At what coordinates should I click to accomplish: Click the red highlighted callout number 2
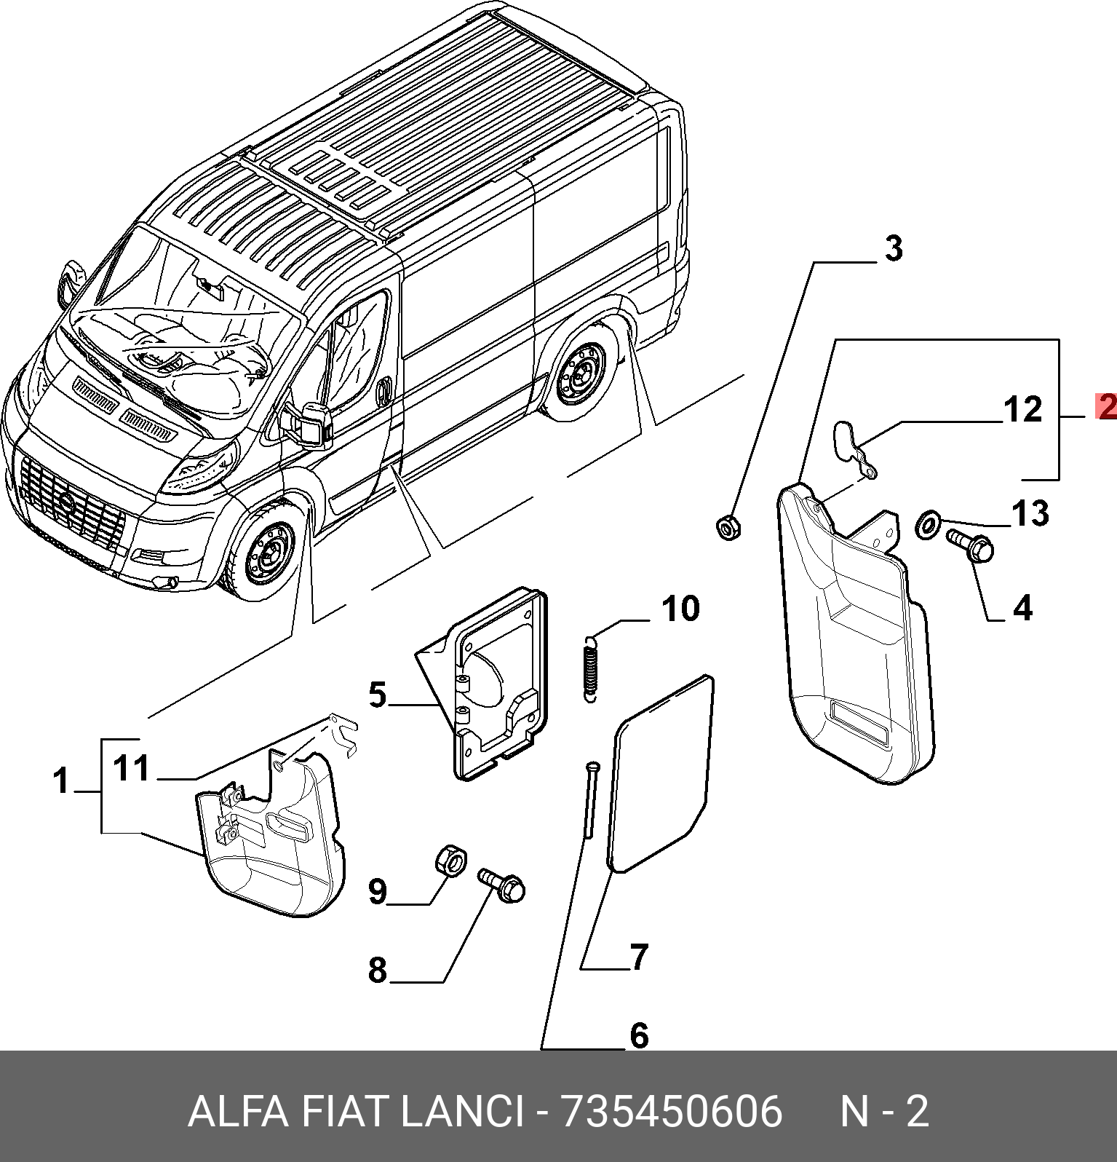[x=1107, y=406]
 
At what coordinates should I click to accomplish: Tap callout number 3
[x=893, y=248]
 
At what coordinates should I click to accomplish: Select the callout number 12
[x=1023, y=410]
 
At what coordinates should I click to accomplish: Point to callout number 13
[x=1030, y=514]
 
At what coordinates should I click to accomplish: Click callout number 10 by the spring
[x=680, y=609]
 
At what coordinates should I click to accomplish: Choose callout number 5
[x=377, y=695]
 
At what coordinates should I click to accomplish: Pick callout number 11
[x=132, y=768]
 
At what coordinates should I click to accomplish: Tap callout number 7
[x=638, y=957]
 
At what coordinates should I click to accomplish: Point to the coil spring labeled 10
[x=591, y=668]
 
